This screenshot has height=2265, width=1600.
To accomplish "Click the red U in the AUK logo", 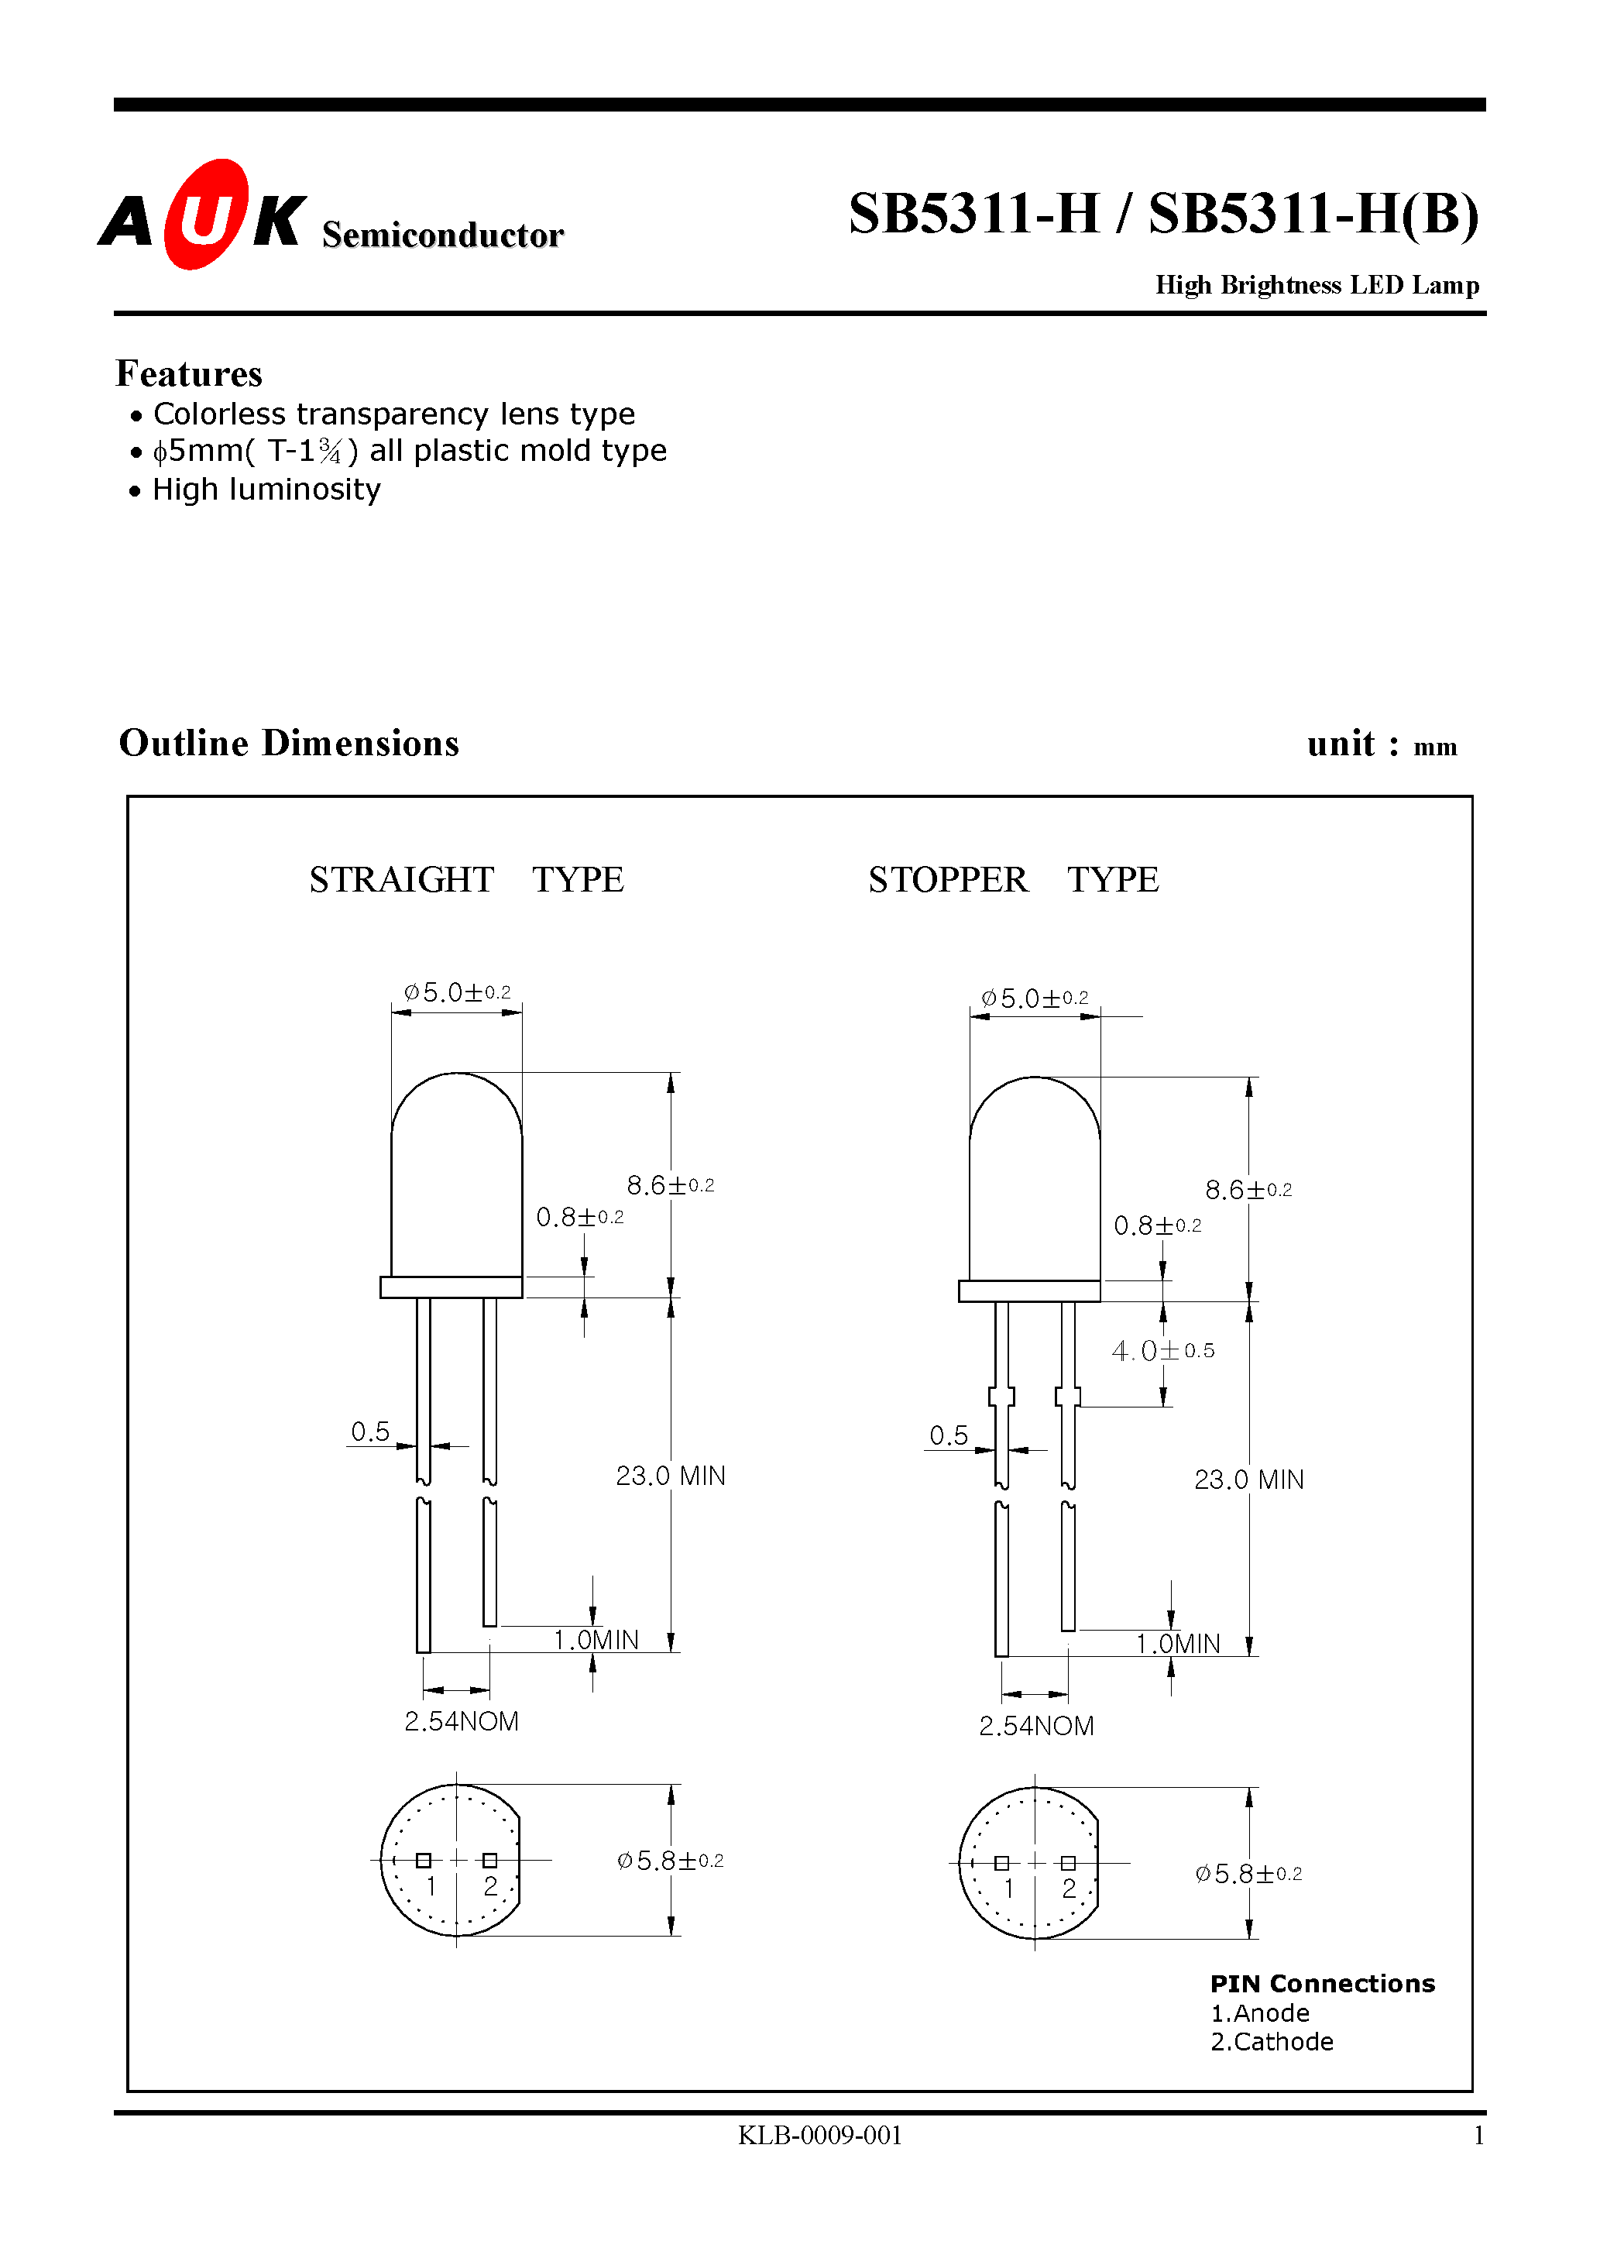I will click(206, 216).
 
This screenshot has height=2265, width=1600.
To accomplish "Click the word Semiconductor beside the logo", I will click(442, 235).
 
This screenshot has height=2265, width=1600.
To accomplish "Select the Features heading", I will click(188, 374).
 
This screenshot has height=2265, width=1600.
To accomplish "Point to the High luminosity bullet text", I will click(266, 490).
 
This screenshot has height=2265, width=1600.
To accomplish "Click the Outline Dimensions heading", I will click(289, 744).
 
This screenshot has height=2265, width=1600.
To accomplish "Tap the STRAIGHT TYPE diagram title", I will click(465, 879).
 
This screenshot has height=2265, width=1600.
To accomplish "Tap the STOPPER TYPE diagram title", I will click(1013, 879).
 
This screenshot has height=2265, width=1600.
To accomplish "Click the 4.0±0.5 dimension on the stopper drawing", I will click(1162, 1350).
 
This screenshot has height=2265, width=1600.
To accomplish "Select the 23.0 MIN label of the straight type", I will click(670, 1476).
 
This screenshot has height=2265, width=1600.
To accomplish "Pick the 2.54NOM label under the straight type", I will click(461, 1721).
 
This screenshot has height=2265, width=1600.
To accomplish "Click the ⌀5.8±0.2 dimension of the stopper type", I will click(1248, 1873).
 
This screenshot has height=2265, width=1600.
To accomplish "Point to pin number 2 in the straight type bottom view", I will click(490, 1886).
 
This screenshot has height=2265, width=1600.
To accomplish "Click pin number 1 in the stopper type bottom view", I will click(1008, 1889).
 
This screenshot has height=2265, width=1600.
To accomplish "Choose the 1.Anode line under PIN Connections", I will click(1260, 2012).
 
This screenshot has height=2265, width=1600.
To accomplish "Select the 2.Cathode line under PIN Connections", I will click(1272, 2041).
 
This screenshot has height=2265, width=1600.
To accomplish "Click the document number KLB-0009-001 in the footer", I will click(819, 2136).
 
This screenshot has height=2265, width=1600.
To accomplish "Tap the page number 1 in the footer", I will click(1478, 2136).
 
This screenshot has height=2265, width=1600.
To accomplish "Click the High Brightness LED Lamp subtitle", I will click(1317, 285).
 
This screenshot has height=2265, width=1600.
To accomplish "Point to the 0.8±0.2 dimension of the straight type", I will click(579, 1218).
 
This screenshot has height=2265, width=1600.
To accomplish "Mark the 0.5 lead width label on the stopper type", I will click(948, 1435).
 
